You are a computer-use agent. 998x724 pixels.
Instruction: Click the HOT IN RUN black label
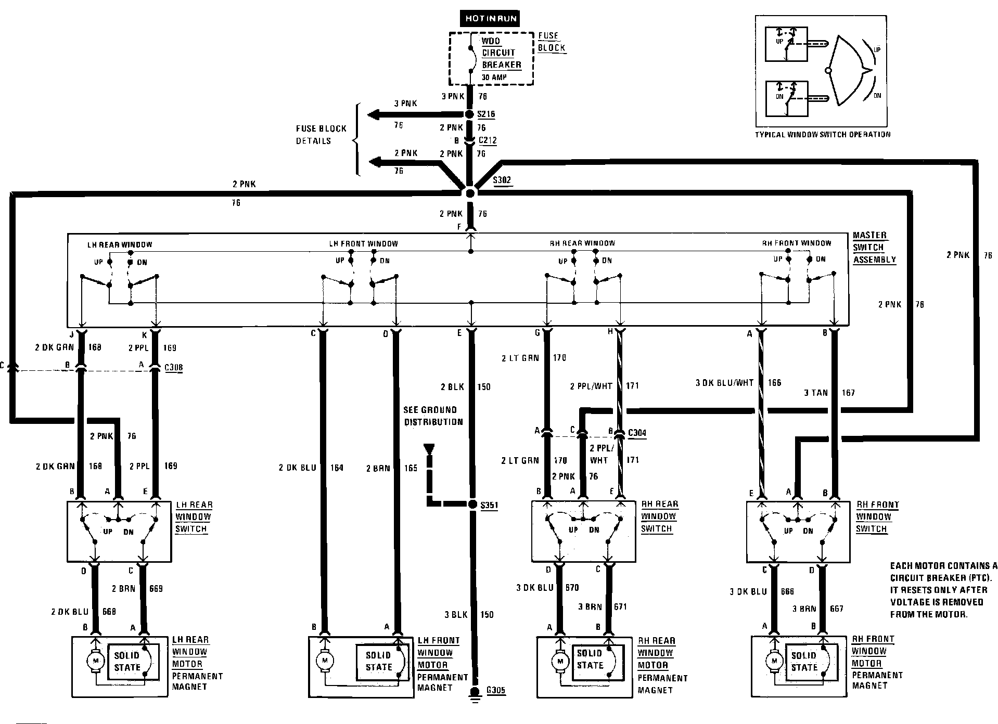(491, 18)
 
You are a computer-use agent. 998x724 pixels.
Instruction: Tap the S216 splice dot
(469, 114)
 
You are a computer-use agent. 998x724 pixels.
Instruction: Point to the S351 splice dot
(472, 504)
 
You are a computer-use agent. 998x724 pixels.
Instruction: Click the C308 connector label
(173, 368)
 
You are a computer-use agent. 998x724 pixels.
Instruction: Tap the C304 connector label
(637, 433)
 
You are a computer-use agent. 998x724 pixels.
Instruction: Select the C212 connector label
(487, 140)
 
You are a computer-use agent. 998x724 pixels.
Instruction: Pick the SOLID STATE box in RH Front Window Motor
(804, 662)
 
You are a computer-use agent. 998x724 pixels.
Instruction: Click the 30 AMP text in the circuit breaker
(494, 77)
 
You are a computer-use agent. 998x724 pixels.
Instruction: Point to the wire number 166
(774, 383)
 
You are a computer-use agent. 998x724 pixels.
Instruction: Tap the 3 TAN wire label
(815, 393)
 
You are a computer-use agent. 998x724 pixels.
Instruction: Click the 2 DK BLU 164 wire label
(311, 468)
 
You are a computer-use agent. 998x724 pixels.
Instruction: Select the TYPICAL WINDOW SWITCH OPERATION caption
(823, 135)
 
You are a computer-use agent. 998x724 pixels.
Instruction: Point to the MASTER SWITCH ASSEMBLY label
(874, 248)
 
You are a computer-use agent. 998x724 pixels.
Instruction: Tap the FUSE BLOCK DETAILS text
(321, 135)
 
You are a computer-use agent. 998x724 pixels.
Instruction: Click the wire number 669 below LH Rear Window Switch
(156, 588)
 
